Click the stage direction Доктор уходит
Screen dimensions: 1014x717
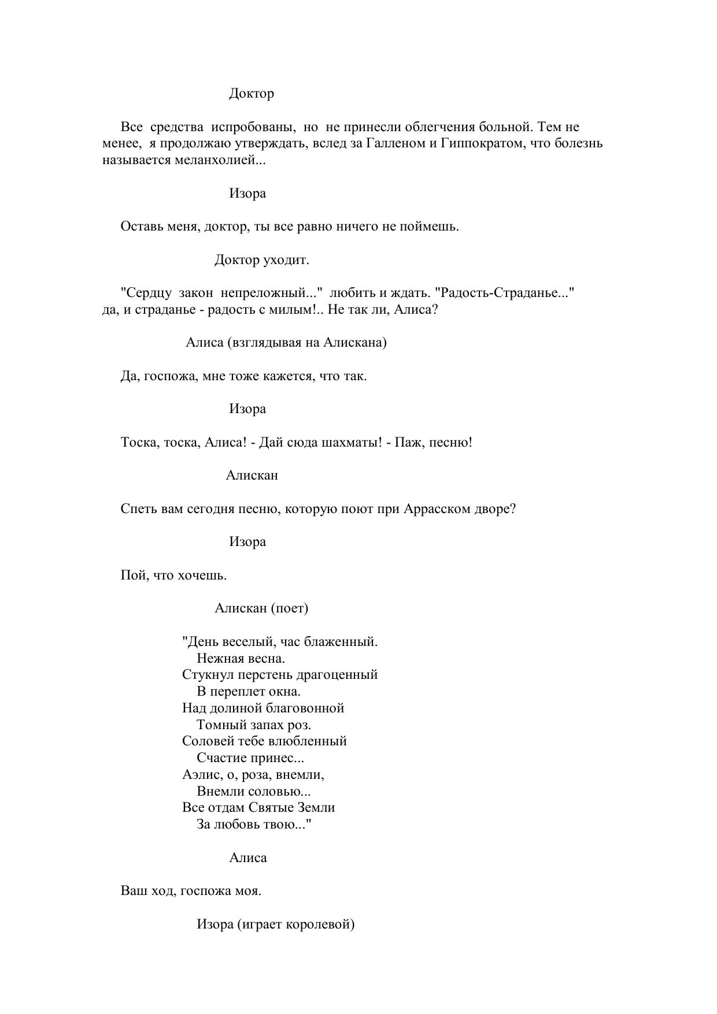coord(262,260)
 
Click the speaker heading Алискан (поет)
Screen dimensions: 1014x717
coord(261,608)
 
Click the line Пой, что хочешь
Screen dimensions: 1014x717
coord(173,575)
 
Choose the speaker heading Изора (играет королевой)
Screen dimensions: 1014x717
coord(275,924)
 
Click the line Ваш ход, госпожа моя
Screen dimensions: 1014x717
coord(191,891)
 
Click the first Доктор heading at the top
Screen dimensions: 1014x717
coord(252,94)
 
